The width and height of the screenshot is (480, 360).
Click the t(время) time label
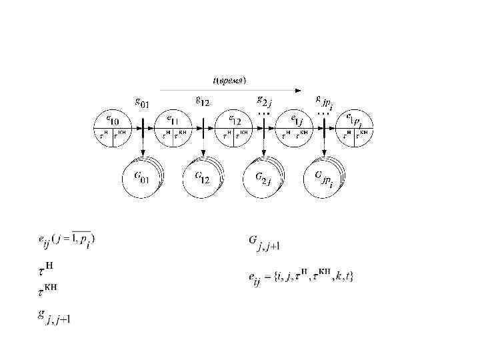[229, 80]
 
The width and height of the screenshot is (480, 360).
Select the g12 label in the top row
[202, 102]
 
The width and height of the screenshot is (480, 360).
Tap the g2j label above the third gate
[264, 101]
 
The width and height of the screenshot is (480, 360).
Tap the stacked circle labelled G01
[142, 178]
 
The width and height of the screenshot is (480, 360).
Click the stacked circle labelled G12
[203, 178]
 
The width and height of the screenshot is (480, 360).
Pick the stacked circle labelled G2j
[264, 178]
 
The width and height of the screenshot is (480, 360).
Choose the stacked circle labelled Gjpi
[324, 178]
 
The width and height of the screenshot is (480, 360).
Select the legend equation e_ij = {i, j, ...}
[301, 275]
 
